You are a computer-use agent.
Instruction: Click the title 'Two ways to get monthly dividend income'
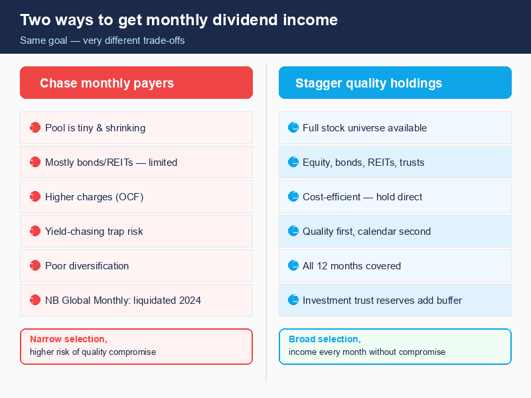click(179, 20)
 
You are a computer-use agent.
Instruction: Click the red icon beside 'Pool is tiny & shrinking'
click(35, 128)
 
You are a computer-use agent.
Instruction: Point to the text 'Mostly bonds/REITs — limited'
click(111, 163)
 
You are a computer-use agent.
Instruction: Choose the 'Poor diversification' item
click(87, 266)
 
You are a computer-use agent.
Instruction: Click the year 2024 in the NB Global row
click(189, 300)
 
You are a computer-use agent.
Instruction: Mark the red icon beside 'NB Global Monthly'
click(35, 300)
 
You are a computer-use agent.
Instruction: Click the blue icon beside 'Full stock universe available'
click(293, 128)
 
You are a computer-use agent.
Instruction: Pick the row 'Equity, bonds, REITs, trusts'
click(363, 163)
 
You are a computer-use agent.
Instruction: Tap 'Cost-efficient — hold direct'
click(362, 197)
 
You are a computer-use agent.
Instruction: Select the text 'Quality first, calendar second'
click(366, 232)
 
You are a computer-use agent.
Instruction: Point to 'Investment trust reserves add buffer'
click(382, 300)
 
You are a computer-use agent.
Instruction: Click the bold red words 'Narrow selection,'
click(68, 339)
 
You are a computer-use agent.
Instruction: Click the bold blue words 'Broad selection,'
click(325, 339)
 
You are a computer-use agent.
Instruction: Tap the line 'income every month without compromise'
click(367, 352)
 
